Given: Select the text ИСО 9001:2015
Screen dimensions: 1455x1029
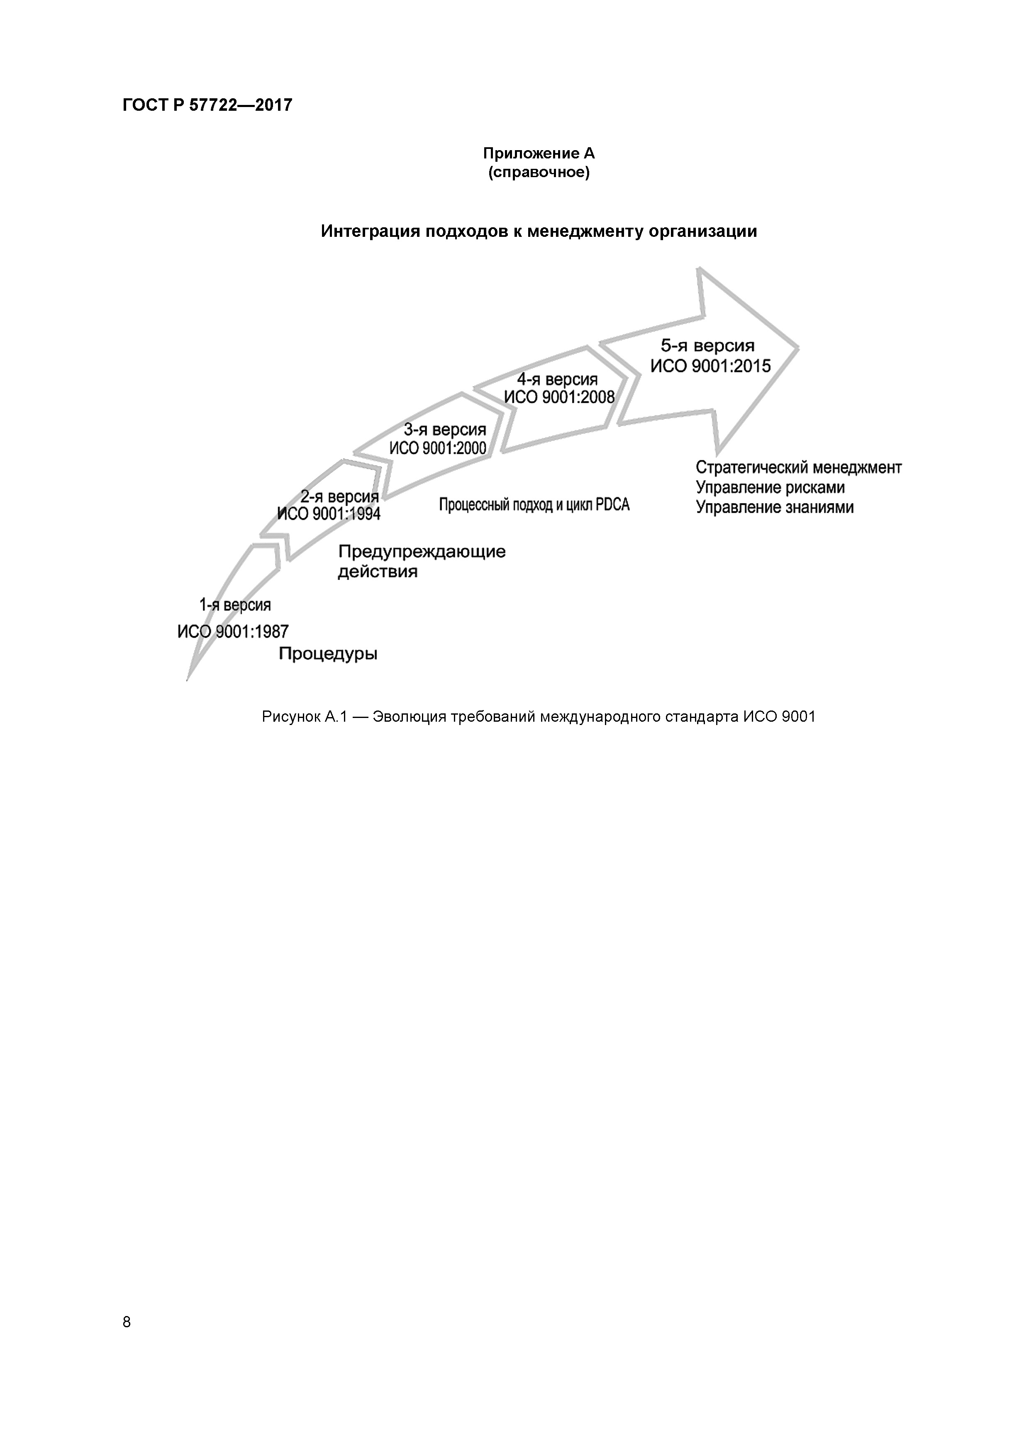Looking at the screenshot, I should (710, 366).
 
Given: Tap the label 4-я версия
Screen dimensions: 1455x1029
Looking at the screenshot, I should (557, 380).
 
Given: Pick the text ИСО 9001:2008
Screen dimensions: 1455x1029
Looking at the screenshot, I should (558, 397).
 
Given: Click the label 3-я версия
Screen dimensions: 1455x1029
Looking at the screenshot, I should (444, 430).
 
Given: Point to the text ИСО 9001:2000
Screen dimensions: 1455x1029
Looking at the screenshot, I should (437, 449).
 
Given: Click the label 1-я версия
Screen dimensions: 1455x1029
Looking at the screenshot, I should (234, 605).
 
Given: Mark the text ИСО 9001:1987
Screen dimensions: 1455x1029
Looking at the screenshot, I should (233, 631).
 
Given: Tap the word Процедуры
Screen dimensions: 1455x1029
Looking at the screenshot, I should (328, 654).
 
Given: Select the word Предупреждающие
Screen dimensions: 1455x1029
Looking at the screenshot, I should (422, 552).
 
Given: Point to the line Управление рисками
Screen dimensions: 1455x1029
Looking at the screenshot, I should (770, 487).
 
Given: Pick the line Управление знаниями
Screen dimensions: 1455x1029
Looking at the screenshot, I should (774, 508).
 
